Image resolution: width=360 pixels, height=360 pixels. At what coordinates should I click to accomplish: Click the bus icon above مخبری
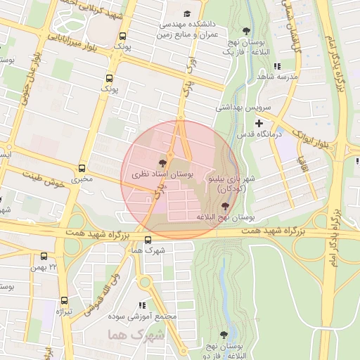(82, 168)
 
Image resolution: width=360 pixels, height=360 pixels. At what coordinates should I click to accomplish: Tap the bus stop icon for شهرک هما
(147, 240)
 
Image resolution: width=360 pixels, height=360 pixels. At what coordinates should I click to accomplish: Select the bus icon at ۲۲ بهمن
(45, 257)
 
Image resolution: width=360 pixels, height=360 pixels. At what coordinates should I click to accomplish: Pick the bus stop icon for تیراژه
(65, 300)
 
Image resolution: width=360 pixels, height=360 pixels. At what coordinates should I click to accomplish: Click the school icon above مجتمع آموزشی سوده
(143, 305)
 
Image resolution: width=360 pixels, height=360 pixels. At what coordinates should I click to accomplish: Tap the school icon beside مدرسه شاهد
(277, 66)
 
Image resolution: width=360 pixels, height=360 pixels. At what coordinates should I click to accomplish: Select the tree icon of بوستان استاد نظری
(163, 162)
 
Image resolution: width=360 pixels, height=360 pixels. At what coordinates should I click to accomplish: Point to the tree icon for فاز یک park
(246, 31)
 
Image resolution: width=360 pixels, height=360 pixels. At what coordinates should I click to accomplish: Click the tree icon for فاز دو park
(224, 335)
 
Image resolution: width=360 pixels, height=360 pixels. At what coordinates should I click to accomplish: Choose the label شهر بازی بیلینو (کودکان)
(224, 184)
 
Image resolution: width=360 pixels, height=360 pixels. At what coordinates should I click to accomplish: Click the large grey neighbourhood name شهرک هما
(137, 334)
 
